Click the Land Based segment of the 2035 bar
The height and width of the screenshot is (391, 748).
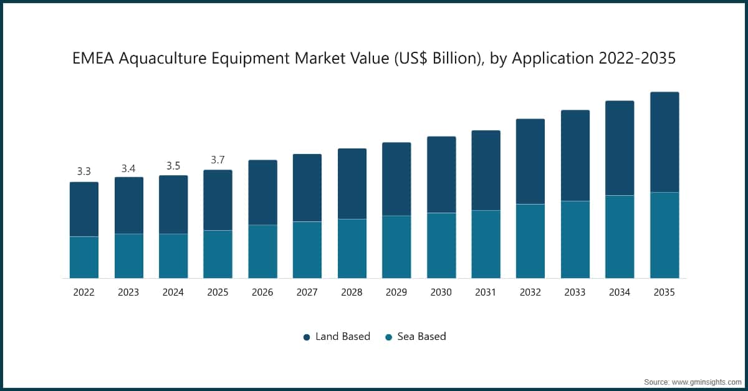point(664,142)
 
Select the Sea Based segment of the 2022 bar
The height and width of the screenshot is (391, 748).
point(84,257)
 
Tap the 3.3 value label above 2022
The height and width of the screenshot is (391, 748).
point(84,171)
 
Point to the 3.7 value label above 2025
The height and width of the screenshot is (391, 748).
point(218,160)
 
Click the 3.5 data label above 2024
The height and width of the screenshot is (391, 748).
point(173,165)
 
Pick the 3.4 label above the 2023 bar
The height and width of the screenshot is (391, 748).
point(128,168)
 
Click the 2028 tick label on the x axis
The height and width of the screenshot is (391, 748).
point(352,292)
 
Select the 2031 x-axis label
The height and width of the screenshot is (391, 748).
point(486,292)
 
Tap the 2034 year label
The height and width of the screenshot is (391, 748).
point(620,292)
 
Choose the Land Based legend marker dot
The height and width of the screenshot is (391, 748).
point(307,337)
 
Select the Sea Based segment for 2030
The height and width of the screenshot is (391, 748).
point(441,246)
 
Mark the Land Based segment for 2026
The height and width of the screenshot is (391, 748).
point(262,193)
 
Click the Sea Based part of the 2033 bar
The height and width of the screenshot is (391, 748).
point(575,239)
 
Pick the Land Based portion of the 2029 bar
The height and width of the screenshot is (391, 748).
point(396,179)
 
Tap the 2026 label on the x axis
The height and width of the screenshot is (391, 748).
point(262,292)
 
